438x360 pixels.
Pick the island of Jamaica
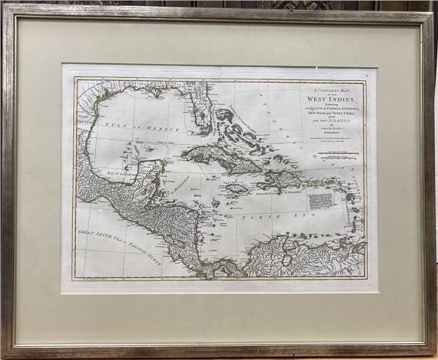coord(235,188)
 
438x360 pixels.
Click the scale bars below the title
coord(338,158)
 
